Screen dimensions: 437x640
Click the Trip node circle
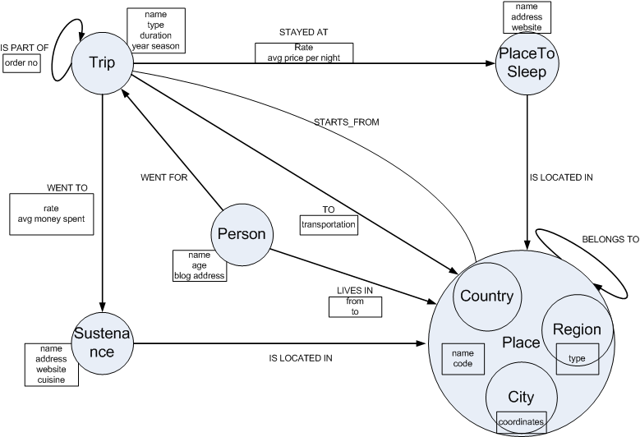[x=103, y=63]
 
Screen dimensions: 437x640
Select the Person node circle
[x=241, y=234]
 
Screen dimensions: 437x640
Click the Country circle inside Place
[x=486, y=297]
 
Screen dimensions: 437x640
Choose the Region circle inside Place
[x=577, y=330]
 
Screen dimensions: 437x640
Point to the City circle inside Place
[x=521, y=398]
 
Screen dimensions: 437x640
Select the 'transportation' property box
[x=329, y=223]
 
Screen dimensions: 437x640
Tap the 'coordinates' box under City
[x=521, y=421]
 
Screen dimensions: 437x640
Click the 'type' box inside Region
[x=577, y=359]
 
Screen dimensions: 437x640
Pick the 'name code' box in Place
[x=463, y=357]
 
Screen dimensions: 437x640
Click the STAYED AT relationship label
[x=303, y=33]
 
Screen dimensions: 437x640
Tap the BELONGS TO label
[x=610, y=239]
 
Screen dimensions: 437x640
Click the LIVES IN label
[x=355, y=291]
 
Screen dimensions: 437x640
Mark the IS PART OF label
[x=25, y=48]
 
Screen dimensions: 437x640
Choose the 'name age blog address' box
[x=199, y=265]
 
